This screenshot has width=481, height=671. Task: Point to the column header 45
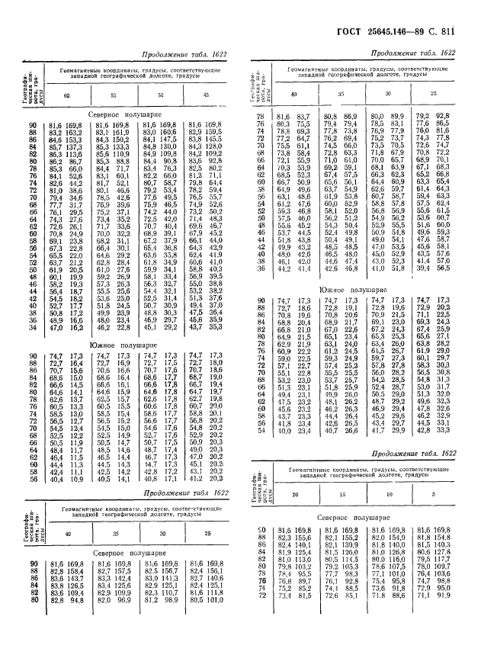[204, 95]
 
